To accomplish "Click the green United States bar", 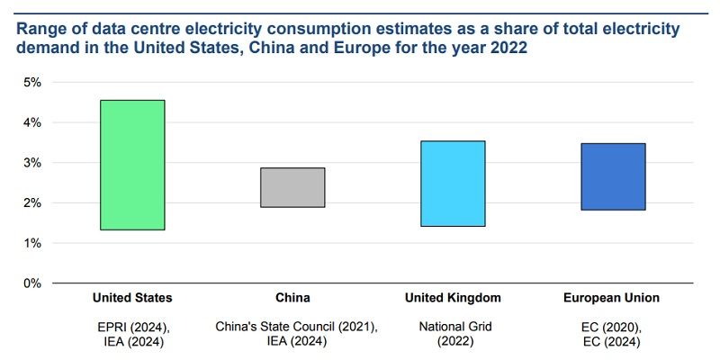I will pyautogui.click(x=132, y=165).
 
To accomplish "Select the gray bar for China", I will pyautogui.click(x=292, y=187).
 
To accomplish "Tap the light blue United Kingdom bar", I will pyautogui.click(x=453, y=184).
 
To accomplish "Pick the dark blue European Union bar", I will pyautogui.click(x=613, y=176).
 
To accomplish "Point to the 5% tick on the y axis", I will pyautogui.click(x=31, y=82).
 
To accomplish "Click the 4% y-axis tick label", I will pyautogui.click(x=31, y=122).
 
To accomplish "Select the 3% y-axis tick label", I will pyautogui.click(x=31, y=163).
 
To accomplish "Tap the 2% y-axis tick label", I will pyautogui.click(x=31, y=203).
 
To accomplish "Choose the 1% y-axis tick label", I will pyautogui.click(x=31, y=243).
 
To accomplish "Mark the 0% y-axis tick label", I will pyautogui.click(x=31, y=283).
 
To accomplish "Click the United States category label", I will pyautogui.click(x=132, y=298).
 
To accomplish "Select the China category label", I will pyautogui.click(x=292, y=298).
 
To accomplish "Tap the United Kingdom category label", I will pyautogui.click(x=453, y=298).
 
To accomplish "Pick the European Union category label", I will pyautogui.click(x=613, y=298).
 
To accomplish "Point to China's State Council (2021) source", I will pyautogui.click(x=292, y=327).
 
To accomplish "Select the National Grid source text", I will pyautogui.click(x=453, y=327).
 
